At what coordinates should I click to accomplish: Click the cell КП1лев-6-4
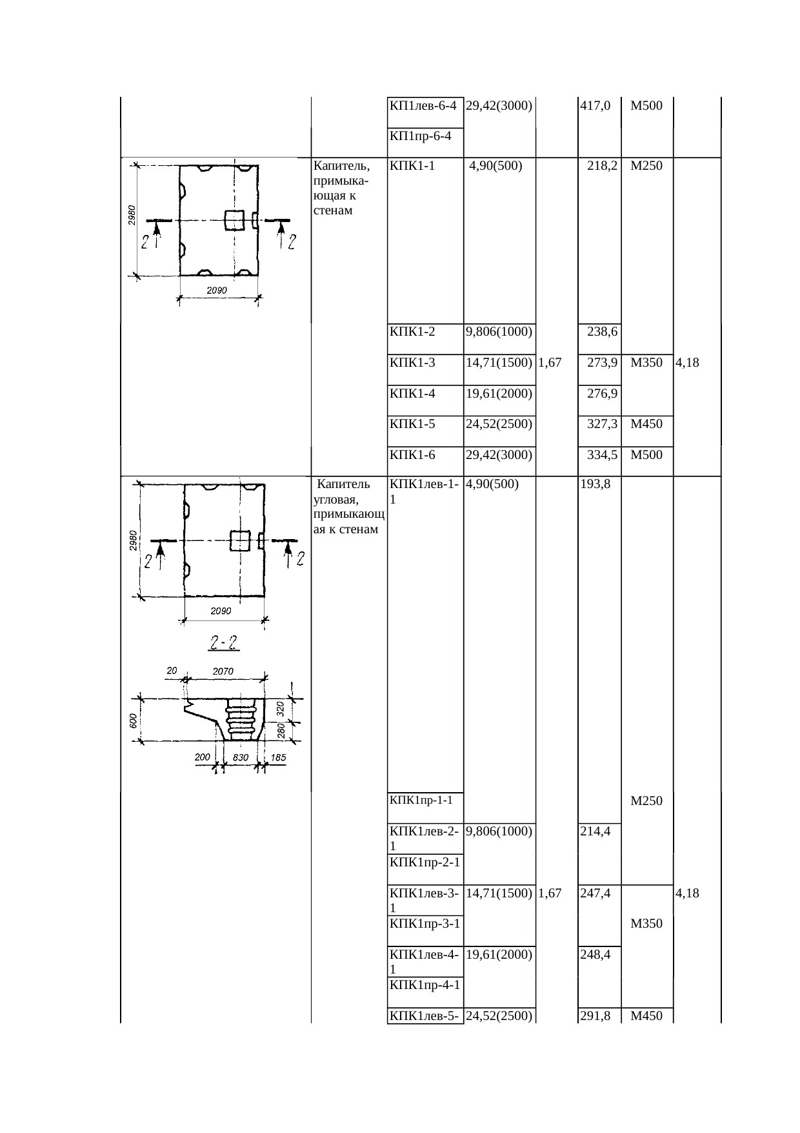pos(424,106)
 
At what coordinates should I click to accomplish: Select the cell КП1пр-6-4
pos(420,136)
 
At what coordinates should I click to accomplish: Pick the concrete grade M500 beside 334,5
pos(646,455)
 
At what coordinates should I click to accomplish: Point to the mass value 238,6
pos(603,332)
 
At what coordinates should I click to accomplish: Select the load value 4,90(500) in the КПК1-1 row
pos(495,165)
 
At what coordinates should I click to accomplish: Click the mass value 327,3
pos(603,424)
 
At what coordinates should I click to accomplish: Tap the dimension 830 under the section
pos(241,758)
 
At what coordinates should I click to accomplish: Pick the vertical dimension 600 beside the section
pos(132,720)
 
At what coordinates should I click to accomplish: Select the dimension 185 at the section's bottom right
pos(278,758)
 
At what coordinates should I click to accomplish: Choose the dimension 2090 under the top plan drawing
pos(217,291)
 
